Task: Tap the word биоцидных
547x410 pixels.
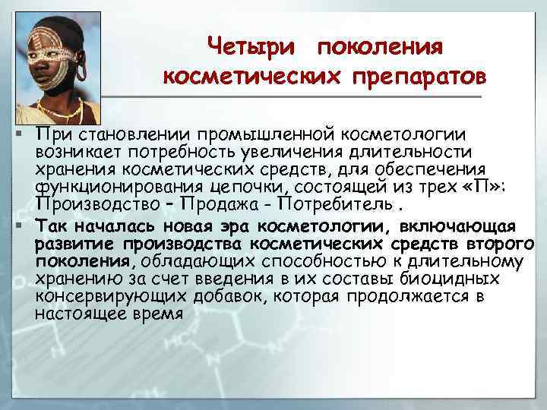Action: tap(440, 279)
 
